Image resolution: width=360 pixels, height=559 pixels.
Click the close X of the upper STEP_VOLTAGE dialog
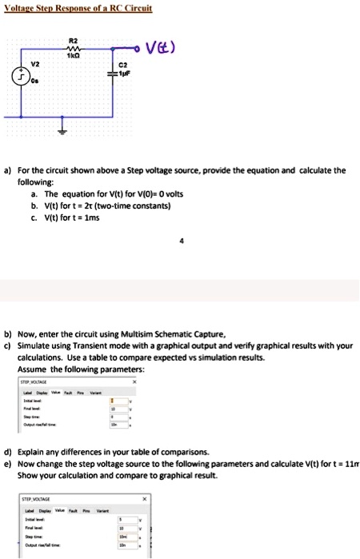[134, 381]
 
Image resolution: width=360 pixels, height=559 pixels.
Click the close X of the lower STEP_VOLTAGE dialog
[144, 497]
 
